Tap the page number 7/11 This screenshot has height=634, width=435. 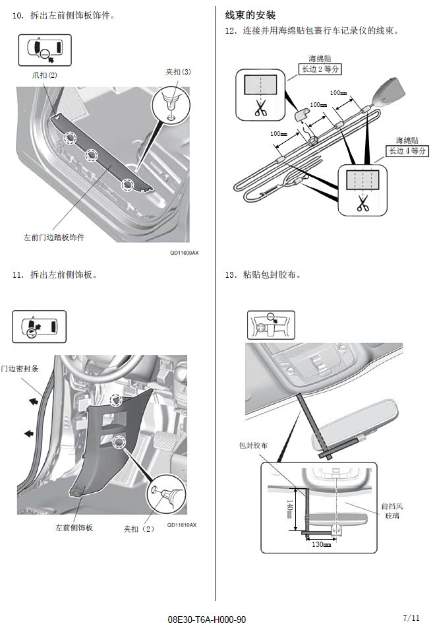(x=411, y=618)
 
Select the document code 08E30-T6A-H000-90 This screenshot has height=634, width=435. (x=207, y=619)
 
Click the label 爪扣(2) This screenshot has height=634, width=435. (x=45, y=75)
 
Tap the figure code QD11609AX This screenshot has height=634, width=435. (x=184, y=253)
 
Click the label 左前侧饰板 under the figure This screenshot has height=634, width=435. (x=74, y=528)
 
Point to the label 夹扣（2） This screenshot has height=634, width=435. (x=139, y=528)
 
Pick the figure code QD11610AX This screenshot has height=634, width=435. (x=181, y=524)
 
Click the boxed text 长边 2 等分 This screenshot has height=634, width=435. (x=320, y=69)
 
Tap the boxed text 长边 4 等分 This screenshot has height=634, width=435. (x=407, y=150)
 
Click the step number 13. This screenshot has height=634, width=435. (x=230, y=274)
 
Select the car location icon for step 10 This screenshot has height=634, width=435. (x=45, y=50)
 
